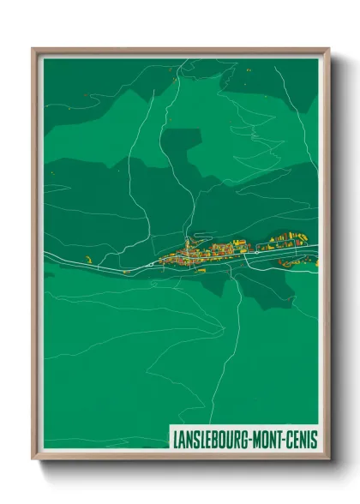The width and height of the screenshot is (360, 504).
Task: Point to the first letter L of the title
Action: pyautogui.click(x=176, y=439)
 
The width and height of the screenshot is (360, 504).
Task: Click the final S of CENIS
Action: pyautogui.click(x=315, y=439)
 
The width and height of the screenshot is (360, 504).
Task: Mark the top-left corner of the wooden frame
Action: pyautogui.click(x=33, y=50)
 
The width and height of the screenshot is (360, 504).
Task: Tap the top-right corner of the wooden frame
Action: pyautogui.click(x=328, y=50)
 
